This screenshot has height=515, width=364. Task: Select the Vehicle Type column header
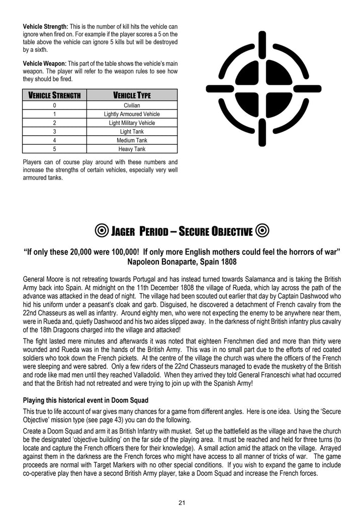132,96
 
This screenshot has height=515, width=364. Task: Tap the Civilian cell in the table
132,106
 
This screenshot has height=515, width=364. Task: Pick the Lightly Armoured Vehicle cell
132,114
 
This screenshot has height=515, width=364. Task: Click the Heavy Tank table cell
132,149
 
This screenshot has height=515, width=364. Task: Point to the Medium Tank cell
132,140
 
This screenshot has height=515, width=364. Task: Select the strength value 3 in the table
54,132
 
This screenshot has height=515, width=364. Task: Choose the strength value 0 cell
54,106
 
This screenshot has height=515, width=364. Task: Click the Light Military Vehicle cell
132,123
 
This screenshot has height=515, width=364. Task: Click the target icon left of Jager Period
101,231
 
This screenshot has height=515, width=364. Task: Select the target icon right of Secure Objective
262,231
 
